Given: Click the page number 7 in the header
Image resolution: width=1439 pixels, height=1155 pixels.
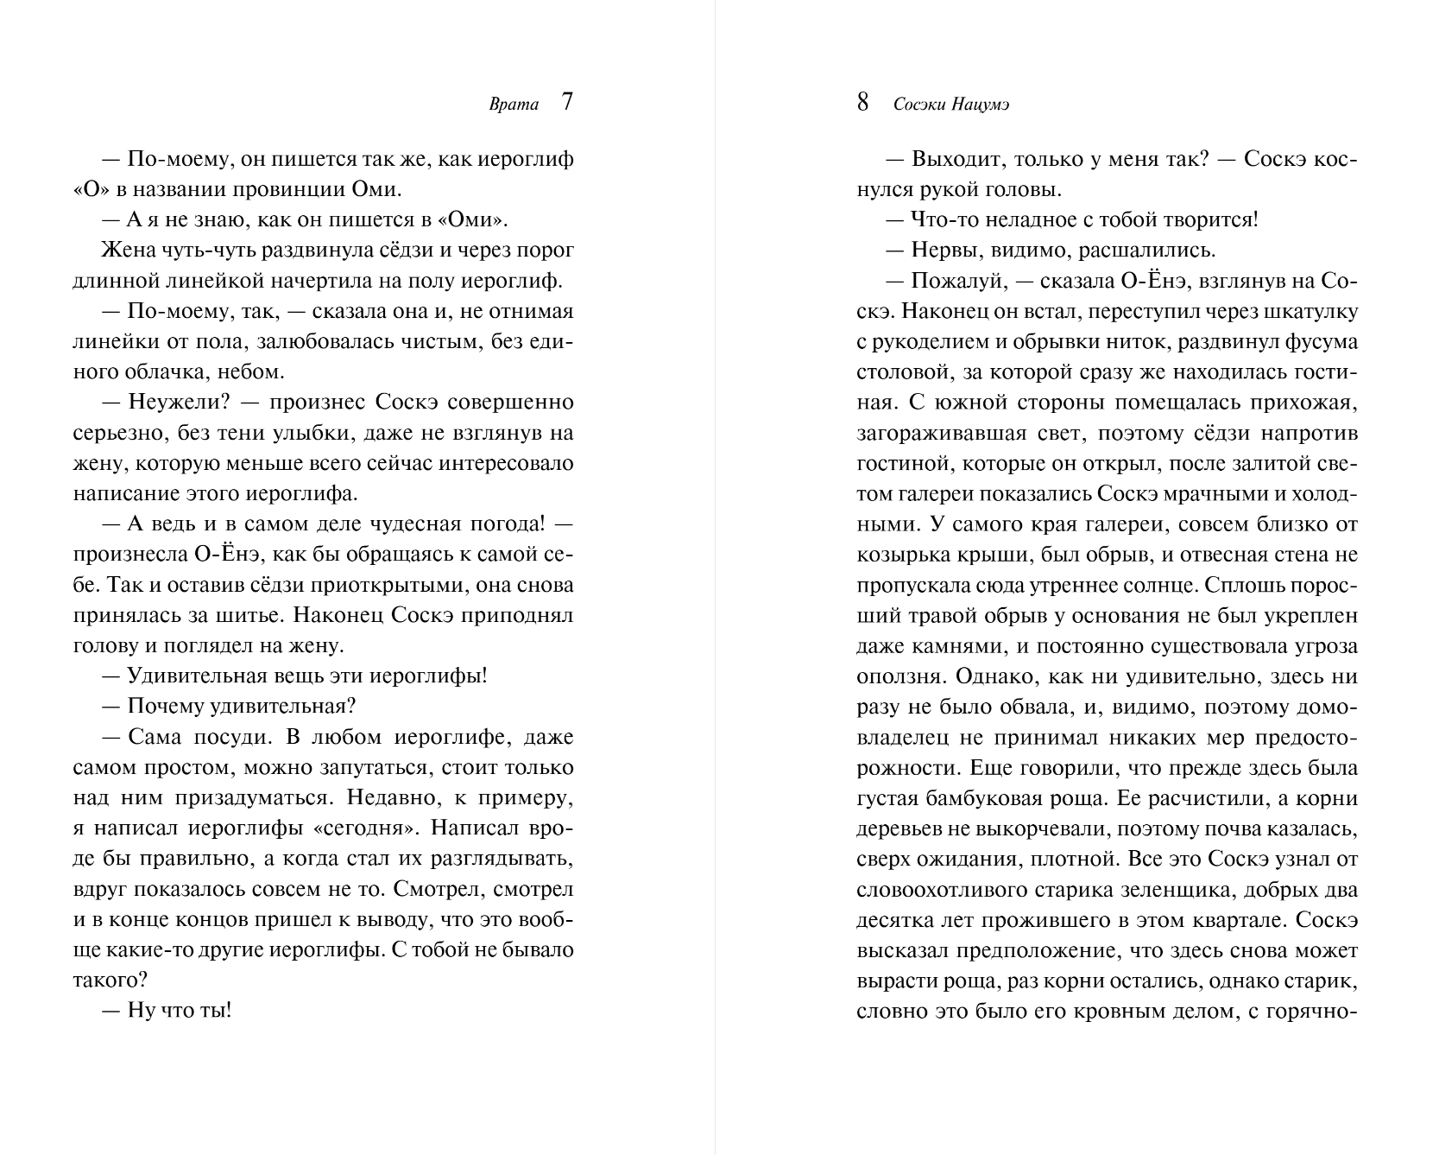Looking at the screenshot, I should coord(566,103).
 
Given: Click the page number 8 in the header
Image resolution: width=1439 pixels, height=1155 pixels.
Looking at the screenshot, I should coord(862,103).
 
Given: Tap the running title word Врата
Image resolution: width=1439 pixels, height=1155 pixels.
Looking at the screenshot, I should coord(514,105).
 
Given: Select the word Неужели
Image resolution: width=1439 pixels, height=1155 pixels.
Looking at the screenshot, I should coord(173,403).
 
